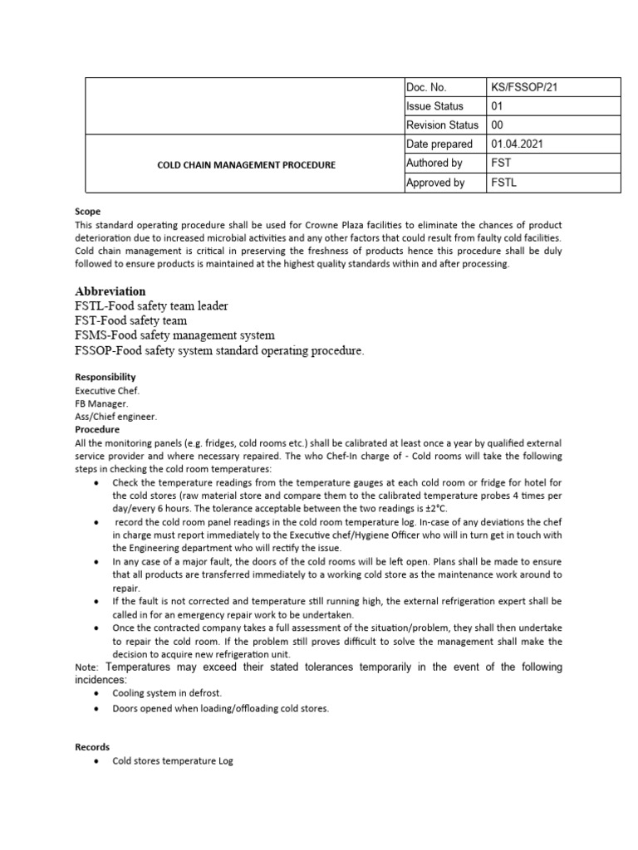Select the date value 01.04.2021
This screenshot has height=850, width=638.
click(x=520, y=144)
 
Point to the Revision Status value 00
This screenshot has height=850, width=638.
click(x=498, y=125)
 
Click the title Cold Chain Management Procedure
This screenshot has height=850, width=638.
click(x=247, y=165)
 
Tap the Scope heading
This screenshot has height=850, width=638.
click(x=87, y=212)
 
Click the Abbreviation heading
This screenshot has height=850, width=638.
click(x=110, y=291)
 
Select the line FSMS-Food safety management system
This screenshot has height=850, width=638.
click(x=174, y=335)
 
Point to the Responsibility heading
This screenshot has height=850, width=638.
click(x=106, y=377)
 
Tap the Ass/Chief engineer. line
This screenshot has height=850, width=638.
click(x=115, y=417)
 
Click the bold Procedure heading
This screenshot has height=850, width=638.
click(x=97, y=430)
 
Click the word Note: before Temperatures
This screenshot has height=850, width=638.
click(x=86, y=668)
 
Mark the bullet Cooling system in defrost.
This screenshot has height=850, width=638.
click(x=167, y=693)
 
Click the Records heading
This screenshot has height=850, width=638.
click(x=92, y=747)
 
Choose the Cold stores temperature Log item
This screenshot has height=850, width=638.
click(x=173, y=761)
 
